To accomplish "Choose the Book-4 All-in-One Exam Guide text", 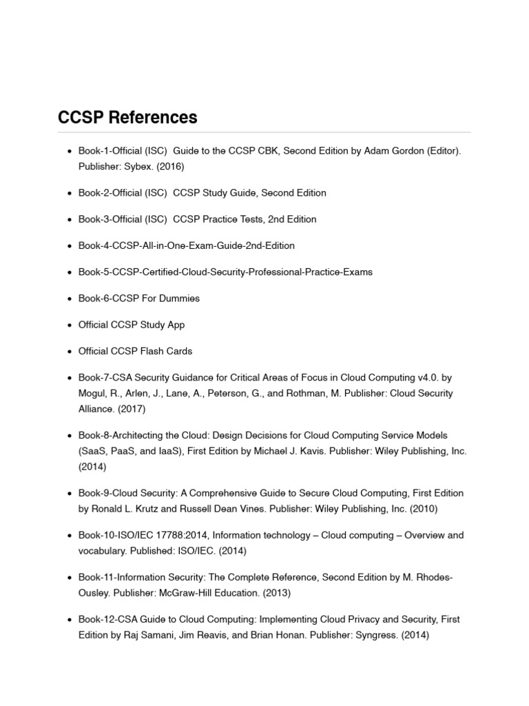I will click(x=186, y=245).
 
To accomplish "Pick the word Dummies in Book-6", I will click(x=177, y=299).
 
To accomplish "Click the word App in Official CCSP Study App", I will click(x=175, y=325).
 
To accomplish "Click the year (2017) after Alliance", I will click(x=129, y=409).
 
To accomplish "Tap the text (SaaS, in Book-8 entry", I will click(x=94, y=451).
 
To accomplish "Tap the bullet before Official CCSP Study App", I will click(x=70, y=325).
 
